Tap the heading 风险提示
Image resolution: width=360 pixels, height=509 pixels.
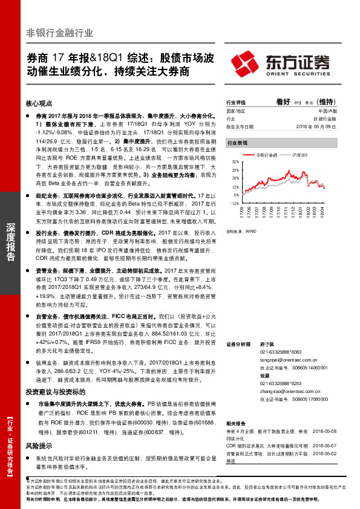[x=36, y=445]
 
